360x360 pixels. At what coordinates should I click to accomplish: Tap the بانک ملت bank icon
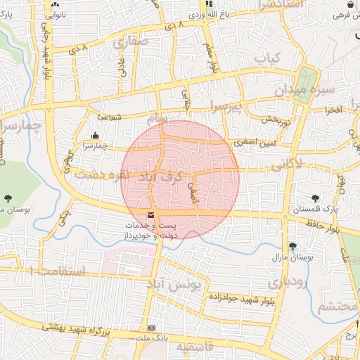[x=151, y=328]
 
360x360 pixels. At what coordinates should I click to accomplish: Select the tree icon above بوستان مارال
[x=292, y=245]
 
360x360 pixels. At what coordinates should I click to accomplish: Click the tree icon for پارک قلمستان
[x=315, y=199]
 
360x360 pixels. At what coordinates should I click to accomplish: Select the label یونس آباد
[x=180, y=285]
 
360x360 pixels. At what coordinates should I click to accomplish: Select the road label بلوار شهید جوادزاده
[x=239, y=298]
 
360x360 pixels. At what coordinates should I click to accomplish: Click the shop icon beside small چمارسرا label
[x=95, y=135]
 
